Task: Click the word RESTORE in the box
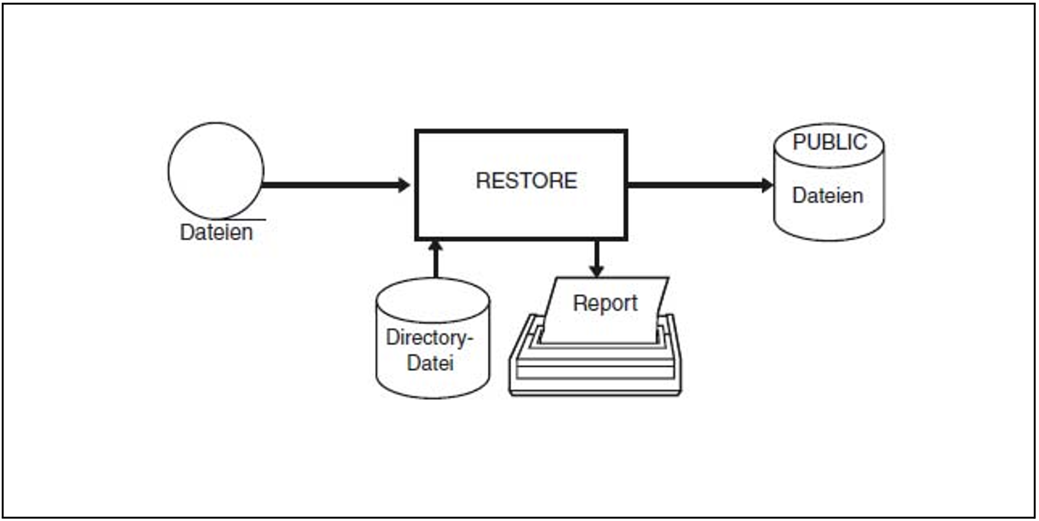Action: click(526, 180)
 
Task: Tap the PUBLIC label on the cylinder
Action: click(830, 142)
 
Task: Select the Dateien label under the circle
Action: click(216, 232)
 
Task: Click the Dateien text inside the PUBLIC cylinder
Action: click(828, 196)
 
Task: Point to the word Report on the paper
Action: click(605, 303)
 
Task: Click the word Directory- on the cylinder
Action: click(429, 338)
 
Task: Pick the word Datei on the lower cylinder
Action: click(430, 363)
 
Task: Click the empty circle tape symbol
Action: click(216, 171)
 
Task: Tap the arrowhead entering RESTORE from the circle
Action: click(404, 185)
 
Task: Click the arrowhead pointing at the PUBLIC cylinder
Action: click(767, 185)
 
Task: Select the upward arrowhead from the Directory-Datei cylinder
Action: click(435, 245)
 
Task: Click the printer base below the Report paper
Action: click(595, 371)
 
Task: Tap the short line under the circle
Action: click(247, 219)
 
